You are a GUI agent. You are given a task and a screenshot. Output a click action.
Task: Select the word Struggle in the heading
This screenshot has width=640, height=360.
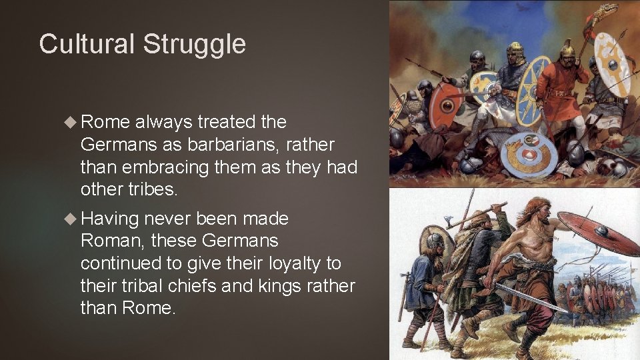[194, 45]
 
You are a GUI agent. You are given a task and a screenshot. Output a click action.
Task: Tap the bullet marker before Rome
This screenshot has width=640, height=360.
[71, 122]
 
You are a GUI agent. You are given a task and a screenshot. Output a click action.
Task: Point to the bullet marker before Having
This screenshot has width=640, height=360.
[71, 219]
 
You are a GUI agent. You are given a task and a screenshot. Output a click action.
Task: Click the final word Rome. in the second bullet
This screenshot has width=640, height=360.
[149, 308]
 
